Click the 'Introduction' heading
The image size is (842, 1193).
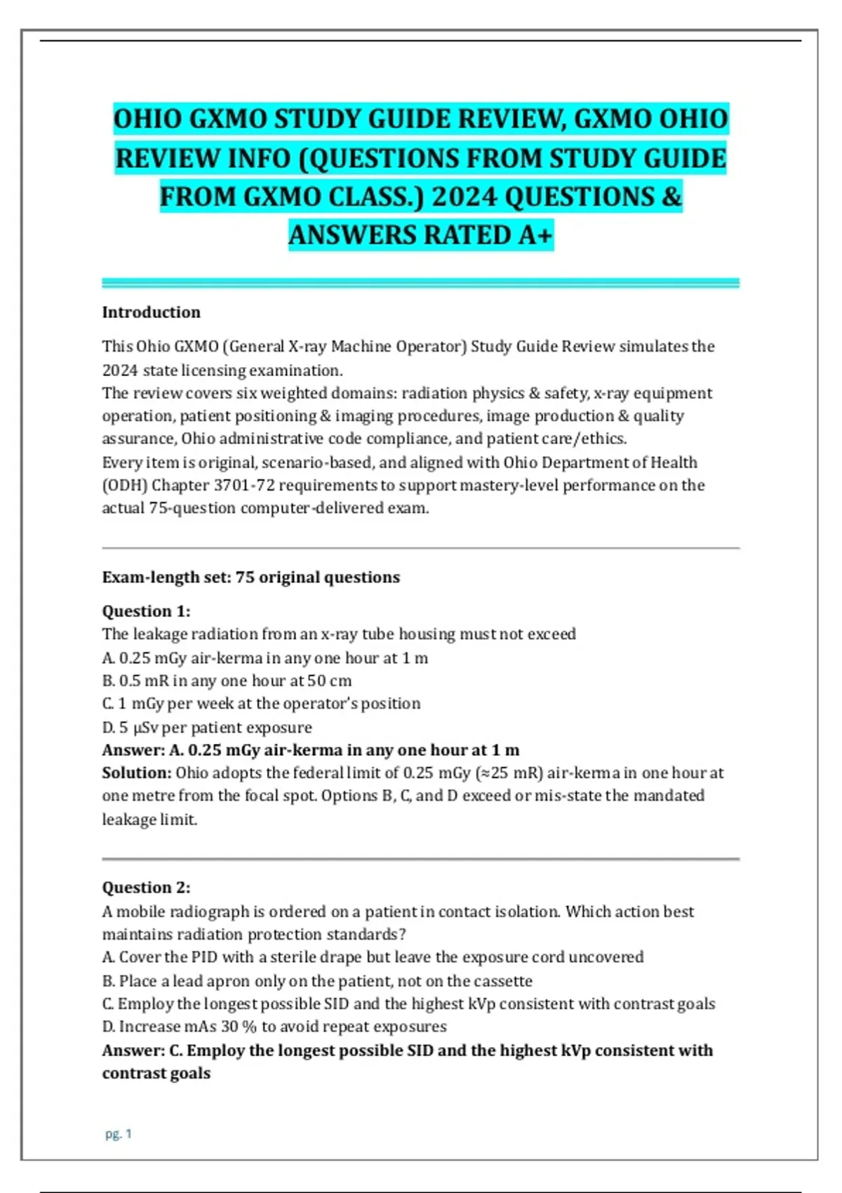coord(151,312)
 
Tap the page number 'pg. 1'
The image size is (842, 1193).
coord(119,1133)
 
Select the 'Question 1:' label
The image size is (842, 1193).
coord(146,611)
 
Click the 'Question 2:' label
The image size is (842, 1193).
coord(146,888)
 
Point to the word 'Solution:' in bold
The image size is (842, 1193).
coord(137,773)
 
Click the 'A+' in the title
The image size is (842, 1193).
coord(535,235)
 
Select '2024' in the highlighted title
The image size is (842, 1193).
coord(464,197)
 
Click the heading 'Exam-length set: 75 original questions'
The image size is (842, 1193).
coord(250,578)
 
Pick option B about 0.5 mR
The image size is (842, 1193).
coord(227,681)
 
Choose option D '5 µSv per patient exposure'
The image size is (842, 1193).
coord(207,727)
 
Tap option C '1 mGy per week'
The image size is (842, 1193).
coord(261,704)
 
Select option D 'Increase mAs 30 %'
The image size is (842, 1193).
coord(274,1027)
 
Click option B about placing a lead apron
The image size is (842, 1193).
coord(317,981)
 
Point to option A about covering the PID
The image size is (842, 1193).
coord(373,957)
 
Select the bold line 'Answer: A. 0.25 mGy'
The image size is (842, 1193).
coord(311,750)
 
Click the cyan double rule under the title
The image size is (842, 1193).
coord(420,283)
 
